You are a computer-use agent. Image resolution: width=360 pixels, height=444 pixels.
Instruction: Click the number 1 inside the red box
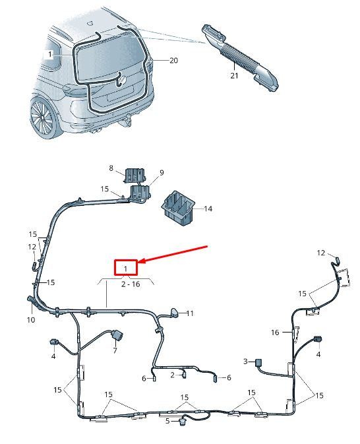(126, 269)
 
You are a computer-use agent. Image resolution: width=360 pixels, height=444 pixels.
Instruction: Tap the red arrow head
(142, 261)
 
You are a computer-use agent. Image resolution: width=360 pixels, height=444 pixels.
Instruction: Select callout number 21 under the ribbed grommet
(234, 76)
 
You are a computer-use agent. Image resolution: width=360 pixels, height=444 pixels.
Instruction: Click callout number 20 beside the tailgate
(173, 60)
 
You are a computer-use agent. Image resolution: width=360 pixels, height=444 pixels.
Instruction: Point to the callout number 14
(208, 208)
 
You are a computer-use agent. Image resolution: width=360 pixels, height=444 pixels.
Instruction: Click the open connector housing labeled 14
(178, 208)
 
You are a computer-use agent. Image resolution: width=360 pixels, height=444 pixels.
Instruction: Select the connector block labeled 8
(135, 175)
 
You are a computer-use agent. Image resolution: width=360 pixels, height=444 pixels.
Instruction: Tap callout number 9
(162, 172)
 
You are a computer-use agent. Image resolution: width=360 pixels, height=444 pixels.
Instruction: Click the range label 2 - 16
(131, 284)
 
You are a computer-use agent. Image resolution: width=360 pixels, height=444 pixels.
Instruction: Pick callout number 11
(190, 313)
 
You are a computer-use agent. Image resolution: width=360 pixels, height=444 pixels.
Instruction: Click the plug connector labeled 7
(117, 336)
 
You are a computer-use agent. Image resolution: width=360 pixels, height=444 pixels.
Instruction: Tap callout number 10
(31, 320)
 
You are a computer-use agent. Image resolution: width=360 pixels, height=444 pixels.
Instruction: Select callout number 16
(275, 333)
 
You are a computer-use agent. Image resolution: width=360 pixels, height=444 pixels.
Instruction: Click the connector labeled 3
(258, 362)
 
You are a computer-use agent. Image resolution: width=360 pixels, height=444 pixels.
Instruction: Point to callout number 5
(167, 421)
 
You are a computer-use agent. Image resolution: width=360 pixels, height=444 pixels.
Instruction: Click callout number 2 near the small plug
(173, 375)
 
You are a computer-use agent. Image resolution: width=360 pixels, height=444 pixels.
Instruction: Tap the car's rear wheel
(43, 117)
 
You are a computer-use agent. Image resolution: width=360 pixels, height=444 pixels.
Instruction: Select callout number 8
(111, 168)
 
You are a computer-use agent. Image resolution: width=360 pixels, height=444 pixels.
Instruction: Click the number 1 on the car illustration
(50, 54)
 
